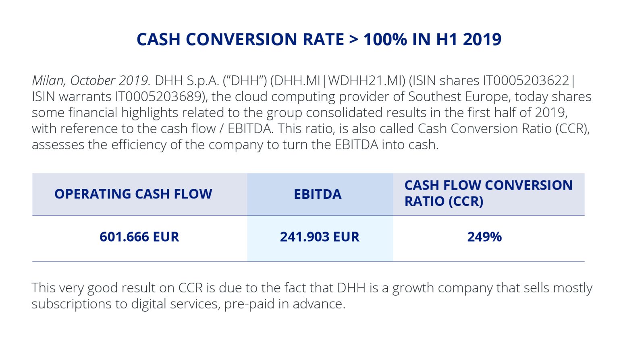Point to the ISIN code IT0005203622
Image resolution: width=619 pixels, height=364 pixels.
[x=526, y=81]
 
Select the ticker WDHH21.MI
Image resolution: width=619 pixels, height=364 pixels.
[x=366, y=81]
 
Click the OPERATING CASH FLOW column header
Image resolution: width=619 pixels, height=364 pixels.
[x=133, y=194]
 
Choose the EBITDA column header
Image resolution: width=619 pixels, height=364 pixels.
[x=318, y=194]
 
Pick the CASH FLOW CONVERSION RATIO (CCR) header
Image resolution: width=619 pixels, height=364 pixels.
[x=488, y=193]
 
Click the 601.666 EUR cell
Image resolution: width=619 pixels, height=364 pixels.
[x=139, y=237]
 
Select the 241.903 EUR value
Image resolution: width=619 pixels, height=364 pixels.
[x=320, y=237]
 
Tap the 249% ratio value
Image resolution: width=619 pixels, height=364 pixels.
[x=484, y=237]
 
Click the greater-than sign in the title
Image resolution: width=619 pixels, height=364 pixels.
[x=353, y=39]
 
